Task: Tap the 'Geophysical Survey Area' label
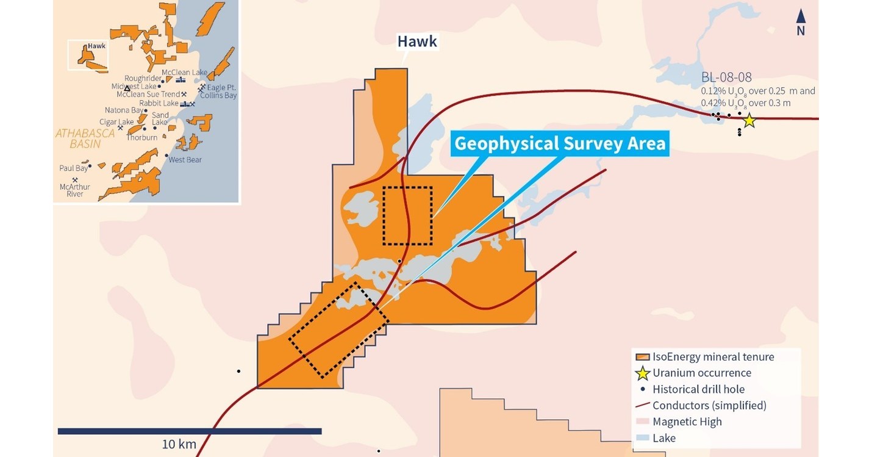(560, 144)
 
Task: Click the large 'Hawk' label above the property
(417, 41)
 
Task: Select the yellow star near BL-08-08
(749, 121)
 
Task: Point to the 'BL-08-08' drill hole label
(726, 77)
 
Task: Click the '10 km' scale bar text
(179, 444)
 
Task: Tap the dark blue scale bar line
(189, 431)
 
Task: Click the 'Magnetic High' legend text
(687, 422)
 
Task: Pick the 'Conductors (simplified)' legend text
(709, 405)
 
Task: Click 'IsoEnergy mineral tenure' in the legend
(713, 356)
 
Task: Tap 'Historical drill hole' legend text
(698, 389)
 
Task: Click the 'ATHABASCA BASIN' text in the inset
(85, 138)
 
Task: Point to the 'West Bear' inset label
(185, 160)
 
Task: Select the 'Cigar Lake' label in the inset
(116, 122)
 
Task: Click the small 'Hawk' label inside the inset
(96, 46)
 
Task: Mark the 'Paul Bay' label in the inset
(73, 168)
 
